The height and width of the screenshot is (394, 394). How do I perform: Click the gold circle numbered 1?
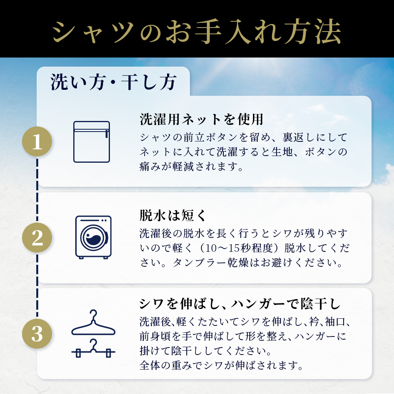pos(37,141)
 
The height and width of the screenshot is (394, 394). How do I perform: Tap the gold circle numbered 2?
pos(37,238)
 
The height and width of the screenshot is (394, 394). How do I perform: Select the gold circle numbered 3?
pos(37,334)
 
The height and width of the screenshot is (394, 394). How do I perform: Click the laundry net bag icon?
pos(92,142)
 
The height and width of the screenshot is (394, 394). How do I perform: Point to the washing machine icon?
pos(93,237)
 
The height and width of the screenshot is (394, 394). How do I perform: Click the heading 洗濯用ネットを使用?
pos(201,119)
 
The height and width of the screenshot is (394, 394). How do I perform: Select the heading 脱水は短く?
pos(173,216)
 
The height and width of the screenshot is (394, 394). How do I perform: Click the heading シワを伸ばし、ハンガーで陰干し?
pos(240,304)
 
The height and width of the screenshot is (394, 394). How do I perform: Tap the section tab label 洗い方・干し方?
pos(113,82)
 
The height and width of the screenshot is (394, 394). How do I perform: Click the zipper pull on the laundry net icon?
pos(107,134)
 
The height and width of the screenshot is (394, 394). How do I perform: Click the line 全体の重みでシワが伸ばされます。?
pos(221,365)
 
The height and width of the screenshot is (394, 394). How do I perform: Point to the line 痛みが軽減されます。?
pos(191,166)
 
